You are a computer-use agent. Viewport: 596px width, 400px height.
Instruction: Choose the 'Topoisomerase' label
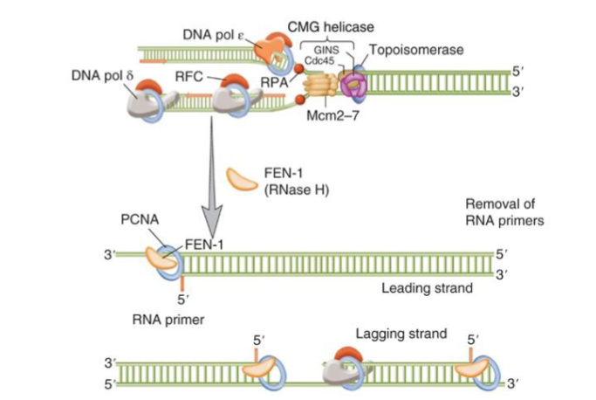(x=411, y=50)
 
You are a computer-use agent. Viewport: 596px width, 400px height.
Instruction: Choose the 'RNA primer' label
(x=168, y=319)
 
